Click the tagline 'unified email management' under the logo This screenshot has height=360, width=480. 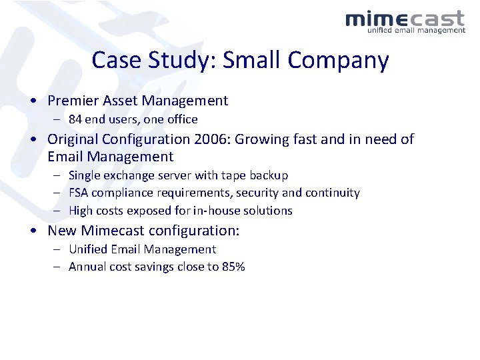pyautogui.click(x=416, y=30)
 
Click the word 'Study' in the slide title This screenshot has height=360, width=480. pyautogui.click(x=183, y=61)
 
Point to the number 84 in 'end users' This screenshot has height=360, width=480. pyautogui.click(x=75, y=119)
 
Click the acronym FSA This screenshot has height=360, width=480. pyautogui.click(x=79, y=193)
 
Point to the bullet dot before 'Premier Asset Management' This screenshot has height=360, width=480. pyautogui.click(x=33, y=101)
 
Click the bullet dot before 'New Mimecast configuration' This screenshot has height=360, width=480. pyautogui.click(x=33, y=231)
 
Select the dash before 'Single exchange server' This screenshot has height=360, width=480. pyautogui.click(x=55, y=176)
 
